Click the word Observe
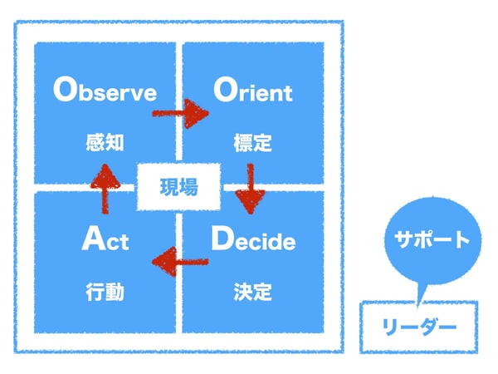coord(105,90)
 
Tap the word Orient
coord(253,90)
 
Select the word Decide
coord(253,239)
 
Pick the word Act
coord(105,239)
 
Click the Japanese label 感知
coord(105,142)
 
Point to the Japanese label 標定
coord(253,143)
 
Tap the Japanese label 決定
coord(253,292)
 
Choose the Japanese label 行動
coord(105,292)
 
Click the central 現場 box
coord(178,187)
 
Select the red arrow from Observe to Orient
coord(180,114)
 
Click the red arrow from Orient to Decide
coord(251,189)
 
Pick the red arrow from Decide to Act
coord(180,262)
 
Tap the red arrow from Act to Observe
coord(105,189)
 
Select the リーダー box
coord(419,327)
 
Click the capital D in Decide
coord(222,238)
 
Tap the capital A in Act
coord(94,238)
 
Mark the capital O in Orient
coord(226,90)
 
